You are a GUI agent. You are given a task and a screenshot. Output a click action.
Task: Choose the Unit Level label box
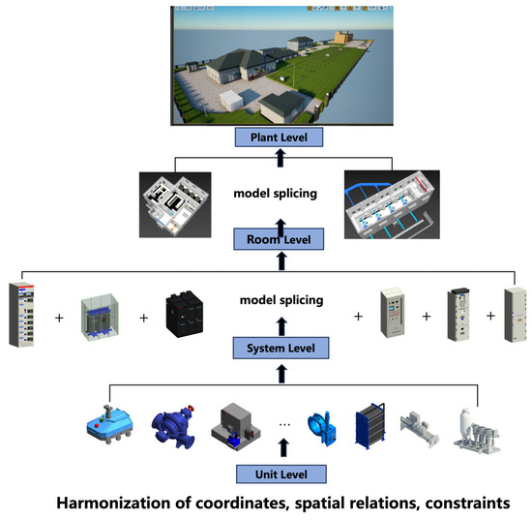click(281, 474)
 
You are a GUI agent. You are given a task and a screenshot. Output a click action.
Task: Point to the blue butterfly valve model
click(323, 427)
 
